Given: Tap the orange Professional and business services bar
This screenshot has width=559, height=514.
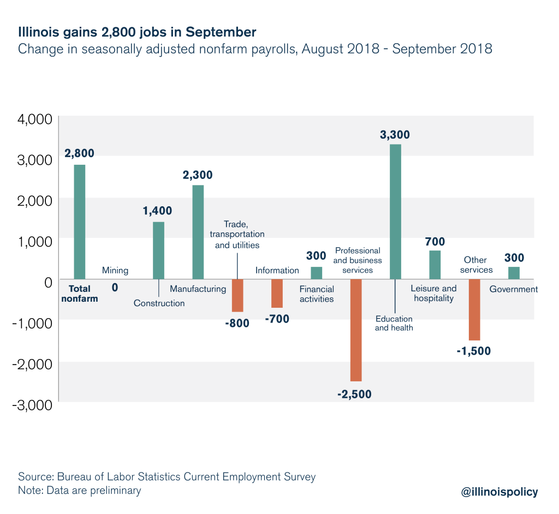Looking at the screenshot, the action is [x=356, y=330].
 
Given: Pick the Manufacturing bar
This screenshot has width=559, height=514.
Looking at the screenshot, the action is [x=198, y=232].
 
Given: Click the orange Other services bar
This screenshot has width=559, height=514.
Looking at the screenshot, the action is [x=474, y=310].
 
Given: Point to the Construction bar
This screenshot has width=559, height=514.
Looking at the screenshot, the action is [x=158, y=250].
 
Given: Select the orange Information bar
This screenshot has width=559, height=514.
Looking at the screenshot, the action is [x=277, y=294].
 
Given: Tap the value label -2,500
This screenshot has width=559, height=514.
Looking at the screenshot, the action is [x=354, y=394].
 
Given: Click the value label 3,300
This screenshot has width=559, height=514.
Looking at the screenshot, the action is [x=395, y=135].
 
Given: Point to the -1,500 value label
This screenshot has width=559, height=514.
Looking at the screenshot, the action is [x=473, y=351].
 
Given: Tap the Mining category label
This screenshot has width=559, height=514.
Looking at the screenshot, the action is [x=115, y=270].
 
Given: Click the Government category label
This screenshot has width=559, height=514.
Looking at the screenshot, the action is [x=513, y=289].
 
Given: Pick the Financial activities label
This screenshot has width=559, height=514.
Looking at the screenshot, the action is [x=317, y=294].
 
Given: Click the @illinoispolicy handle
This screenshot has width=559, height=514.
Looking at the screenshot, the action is [x=499, y=492].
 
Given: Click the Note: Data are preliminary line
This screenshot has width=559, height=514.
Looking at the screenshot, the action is [x=80, y=490].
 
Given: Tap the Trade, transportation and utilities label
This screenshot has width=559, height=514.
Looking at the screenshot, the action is [x=237, y=235].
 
